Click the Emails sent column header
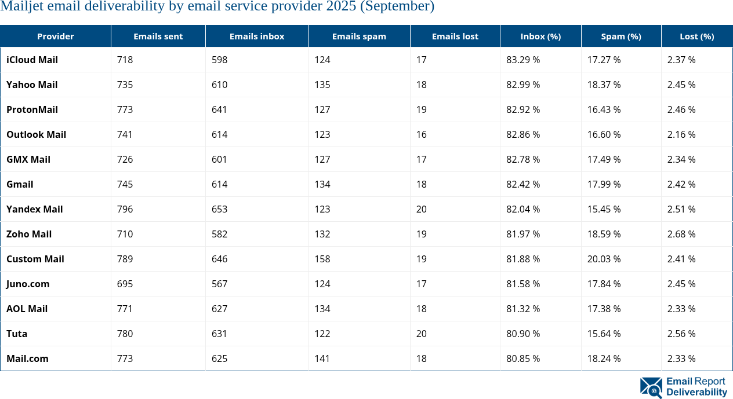[x=158, y=36]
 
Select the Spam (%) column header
[x=620, y=36]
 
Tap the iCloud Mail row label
[x=32, y=60]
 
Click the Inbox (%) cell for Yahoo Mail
[x=523, y=85]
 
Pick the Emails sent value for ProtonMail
[x=125, y=109]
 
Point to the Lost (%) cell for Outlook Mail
[x=681, y=134]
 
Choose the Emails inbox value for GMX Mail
[x=219, y=159]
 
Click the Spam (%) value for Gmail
[x=604, y=184]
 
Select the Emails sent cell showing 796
[x=125, y=209]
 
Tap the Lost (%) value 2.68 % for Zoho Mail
[x=681, y=234]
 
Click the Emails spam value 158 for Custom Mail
[x=322, y=259]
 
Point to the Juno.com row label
[x=28, y=284]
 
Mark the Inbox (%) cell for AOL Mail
[x=523, y=309]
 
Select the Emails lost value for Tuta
[x=421, y=334]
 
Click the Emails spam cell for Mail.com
[x=322, y=358]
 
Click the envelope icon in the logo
[x=651, y=387]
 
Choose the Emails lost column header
[x=455, y=36]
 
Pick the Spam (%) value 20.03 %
[x=604, y=259]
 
